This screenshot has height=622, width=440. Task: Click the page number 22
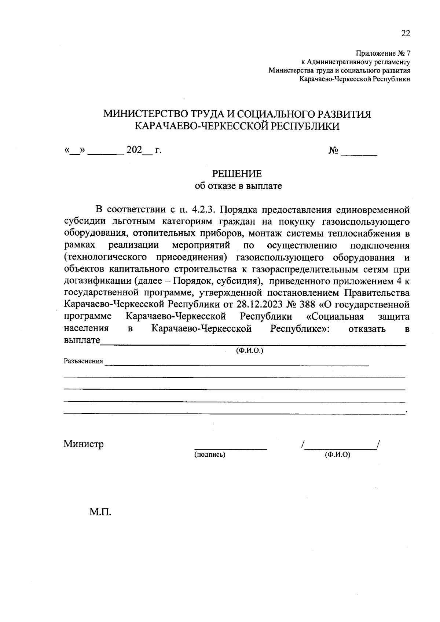point(405,33)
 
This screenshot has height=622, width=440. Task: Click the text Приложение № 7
point(383,54)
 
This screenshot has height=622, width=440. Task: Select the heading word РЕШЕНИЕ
point(238,173)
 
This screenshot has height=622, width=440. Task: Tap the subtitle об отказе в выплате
point(238,186)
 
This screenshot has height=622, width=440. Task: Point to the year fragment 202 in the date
point(134,150)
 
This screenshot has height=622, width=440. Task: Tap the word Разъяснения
point(83,361)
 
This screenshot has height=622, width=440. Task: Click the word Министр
point(84,444)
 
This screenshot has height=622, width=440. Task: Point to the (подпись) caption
point(210,455)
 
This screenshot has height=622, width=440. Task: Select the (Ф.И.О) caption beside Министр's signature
point(337,455)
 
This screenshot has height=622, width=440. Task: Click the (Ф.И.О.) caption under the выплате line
point(250,350)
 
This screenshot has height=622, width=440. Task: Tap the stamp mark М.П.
point(100,512)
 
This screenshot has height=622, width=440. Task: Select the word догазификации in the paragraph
point(98,281)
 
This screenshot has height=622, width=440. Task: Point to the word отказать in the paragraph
point(367,328)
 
